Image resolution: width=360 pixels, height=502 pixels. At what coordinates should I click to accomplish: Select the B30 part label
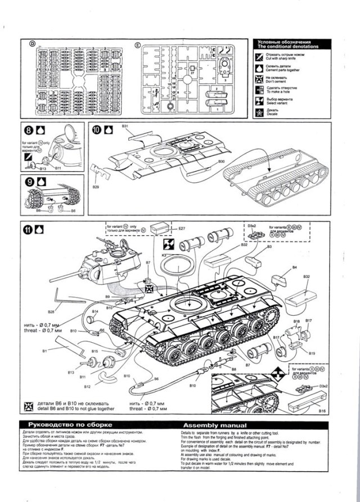click(x=222, y=162)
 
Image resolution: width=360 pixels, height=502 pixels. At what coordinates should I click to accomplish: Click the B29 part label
click(x=96, y=186)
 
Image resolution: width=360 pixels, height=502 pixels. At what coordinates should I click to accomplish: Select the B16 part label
click(x=322, y=412)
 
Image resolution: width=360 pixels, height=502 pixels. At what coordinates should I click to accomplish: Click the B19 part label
click(x=312, y=353)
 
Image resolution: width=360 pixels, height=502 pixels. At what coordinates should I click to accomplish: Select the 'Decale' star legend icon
click(x=260, y=112)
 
